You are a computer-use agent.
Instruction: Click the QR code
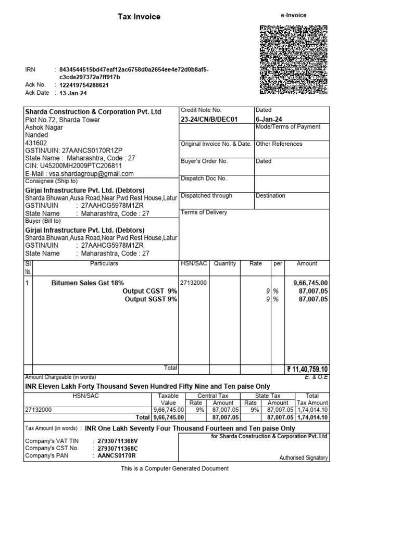coord(293,60)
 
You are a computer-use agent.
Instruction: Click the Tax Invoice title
coord(139,17)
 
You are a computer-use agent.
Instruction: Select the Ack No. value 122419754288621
coord(84,85)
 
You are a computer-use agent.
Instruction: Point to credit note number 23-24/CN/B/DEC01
coord(209,119)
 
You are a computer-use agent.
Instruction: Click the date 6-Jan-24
coord(269,119)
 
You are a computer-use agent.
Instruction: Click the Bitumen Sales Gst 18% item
coord(87,283)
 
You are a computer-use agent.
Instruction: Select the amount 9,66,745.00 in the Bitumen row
coord(310,283)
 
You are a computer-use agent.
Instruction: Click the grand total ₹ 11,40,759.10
coord(307,370)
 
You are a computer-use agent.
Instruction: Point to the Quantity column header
coord(225,264)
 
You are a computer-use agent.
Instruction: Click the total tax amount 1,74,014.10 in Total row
coord(312,417)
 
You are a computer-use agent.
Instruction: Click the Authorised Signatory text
coord(304,458)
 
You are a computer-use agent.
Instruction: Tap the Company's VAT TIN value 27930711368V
coord(118,441)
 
